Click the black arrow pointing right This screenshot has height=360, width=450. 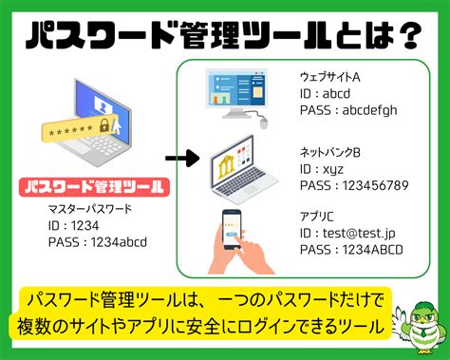click(180, 158)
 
